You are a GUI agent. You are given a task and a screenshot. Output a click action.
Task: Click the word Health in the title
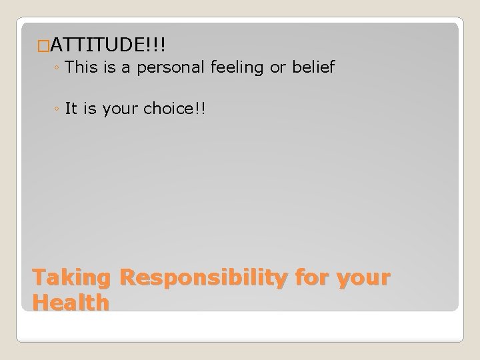71,303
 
